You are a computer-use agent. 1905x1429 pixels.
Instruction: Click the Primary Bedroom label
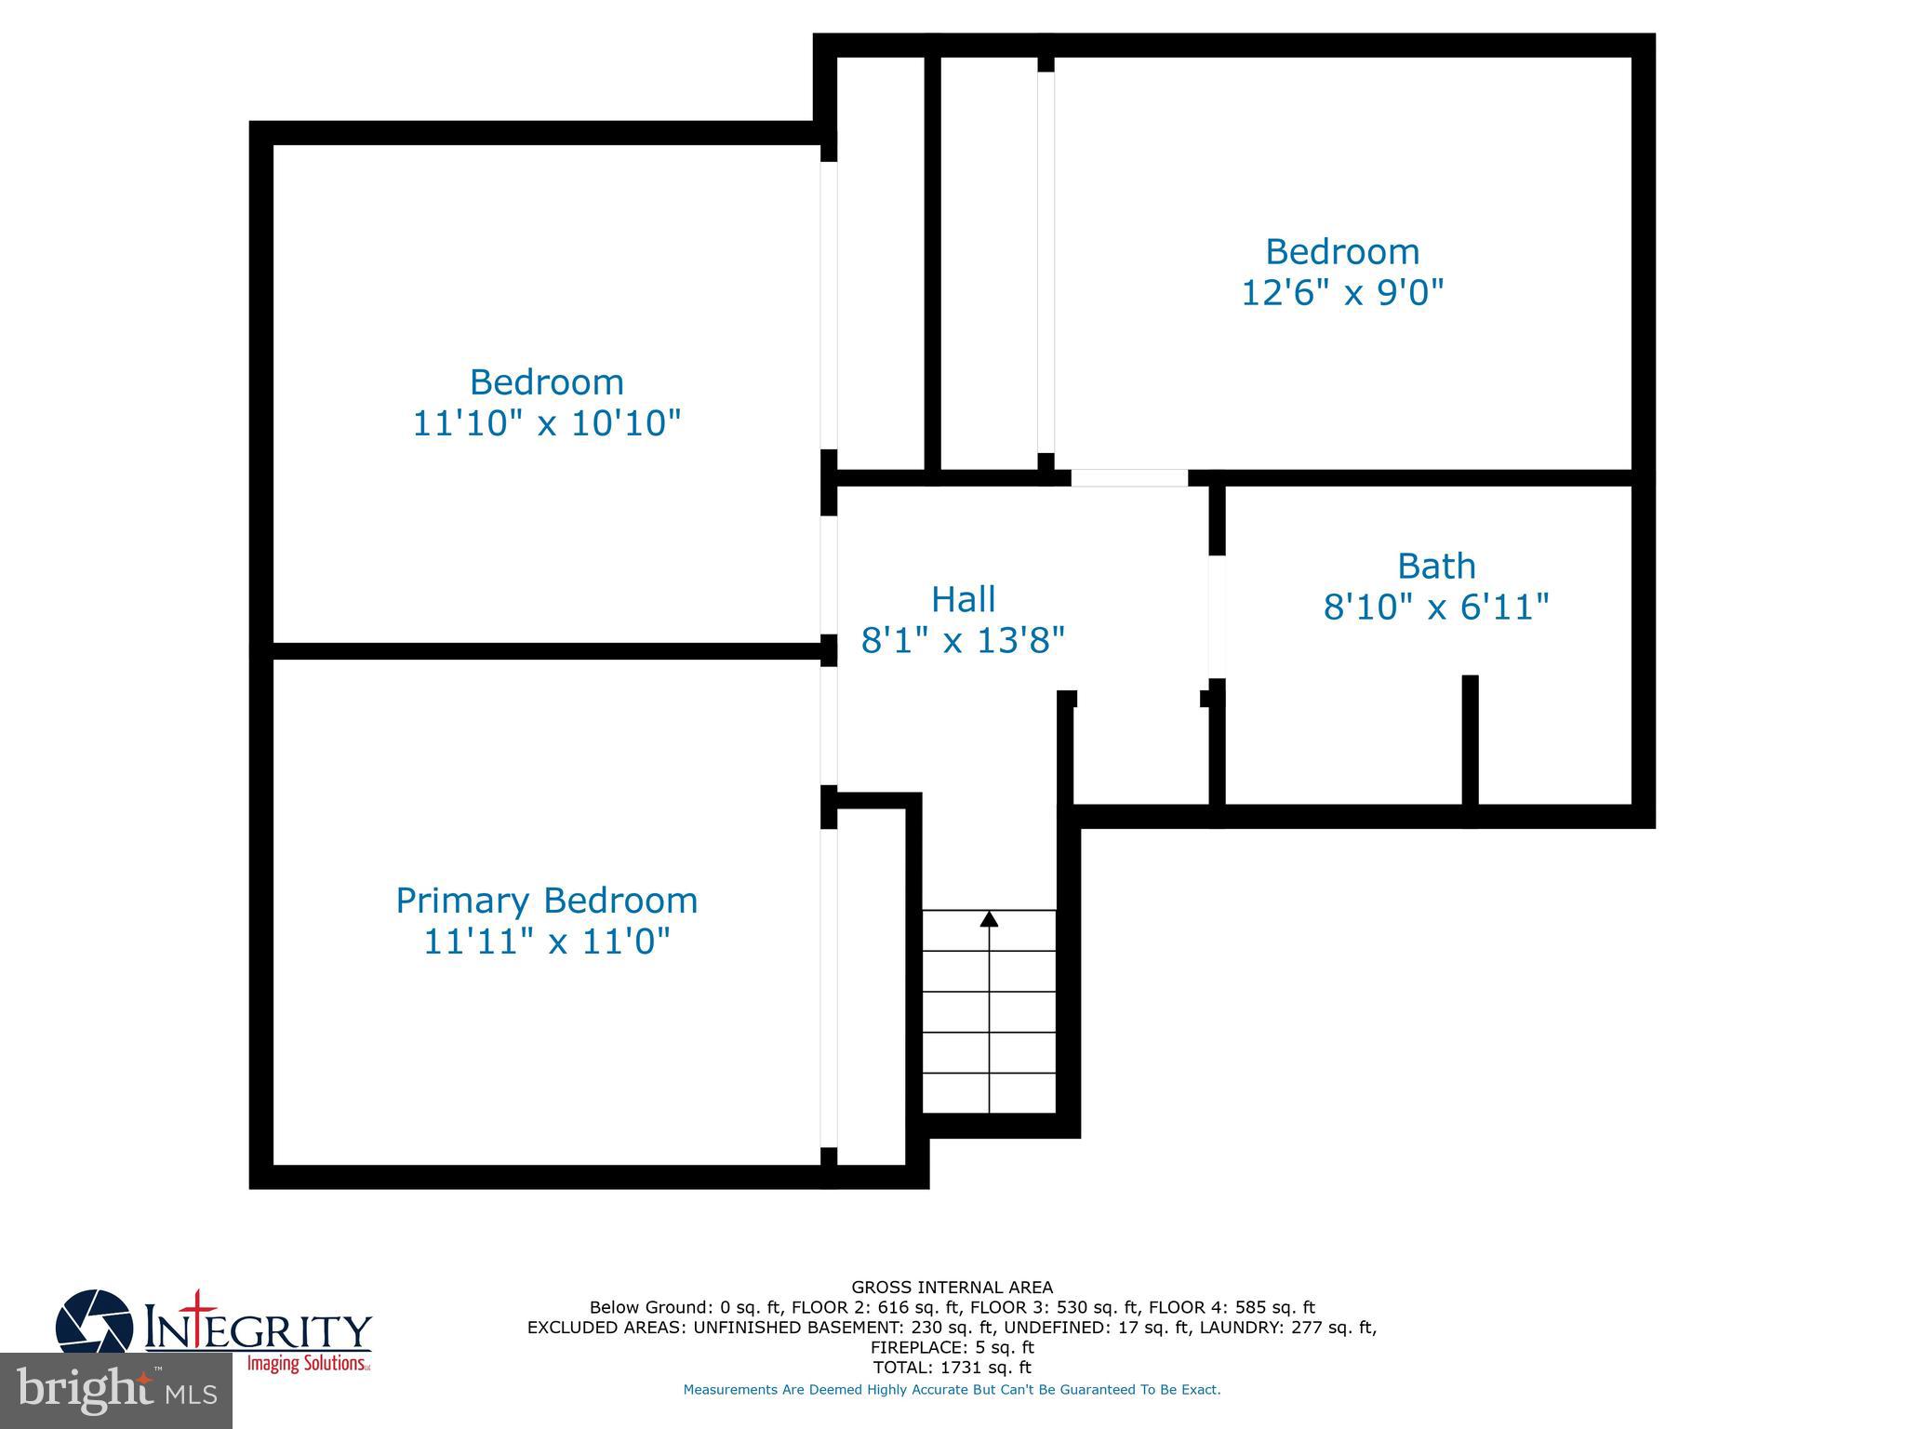546,901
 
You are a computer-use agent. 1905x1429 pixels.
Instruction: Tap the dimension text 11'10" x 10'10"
546,423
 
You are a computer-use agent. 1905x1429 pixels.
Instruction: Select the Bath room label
1435,566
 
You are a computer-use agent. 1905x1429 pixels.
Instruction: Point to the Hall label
963,599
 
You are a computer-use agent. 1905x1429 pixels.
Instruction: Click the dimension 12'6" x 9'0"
1341,293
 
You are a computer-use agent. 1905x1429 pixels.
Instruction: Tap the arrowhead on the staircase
989,919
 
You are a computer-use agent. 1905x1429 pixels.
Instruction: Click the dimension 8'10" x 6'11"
1435,608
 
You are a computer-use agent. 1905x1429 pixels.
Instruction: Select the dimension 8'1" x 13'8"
963,641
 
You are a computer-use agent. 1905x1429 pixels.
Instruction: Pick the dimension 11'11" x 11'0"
546,942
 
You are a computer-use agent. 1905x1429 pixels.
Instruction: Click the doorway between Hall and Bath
1216,616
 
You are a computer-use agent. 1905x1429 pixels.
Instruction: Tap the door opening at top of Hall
1129,477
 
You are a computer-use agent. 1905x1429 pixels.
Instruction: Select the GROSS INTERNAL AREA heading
952,1288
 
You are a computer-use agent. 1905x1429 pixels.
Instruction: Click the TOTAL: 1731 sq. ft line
952,1368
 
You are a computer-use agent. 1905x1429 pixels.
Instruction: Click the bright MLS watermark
116,1390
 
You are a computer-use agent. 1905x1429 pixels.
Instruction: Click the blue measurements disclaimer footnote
952,1390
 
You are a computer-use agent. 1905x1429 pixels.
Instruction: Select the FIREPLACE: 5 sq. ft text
952,1347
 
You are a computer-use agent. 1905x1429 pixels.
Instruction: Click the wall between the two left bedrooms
546,651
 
